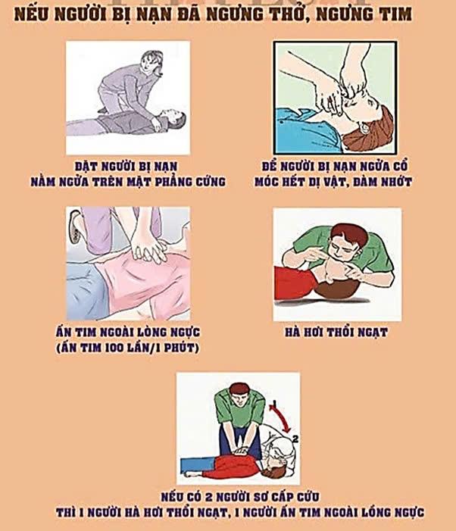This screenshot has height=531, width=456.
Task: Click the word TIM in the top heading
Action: pos(395,14)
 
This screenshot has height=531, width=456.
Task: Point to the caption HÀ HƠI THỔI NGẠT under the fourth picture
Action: pos(336,333)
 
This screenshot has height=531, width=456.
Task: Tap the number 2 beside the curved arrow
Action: pos(295,439)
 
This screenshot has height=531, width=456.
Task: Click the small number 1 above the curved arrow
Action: pos(274,403)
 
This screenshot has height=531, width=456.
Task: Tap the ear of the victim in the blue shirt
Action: pos(365,127)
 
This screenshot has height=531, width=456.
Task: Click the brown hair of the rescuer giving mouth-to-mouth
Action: pos(349,234)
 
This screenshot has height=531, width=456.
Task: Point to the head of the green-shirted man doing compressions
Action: pos(238,393)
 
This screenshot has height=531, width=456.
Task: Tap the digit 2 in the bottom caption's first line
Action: pos(209,497)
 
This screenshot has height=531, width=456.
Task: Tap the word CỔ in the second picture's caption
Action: pos(401,166)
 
